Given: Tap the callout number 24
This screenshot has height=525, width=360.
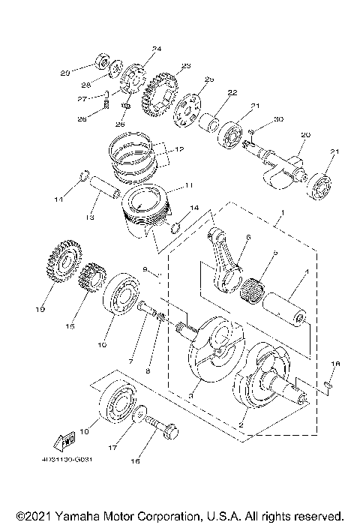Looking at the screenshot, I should [156, 49].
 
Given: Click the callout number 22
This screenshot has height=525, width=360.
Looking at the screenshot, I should [232, 92].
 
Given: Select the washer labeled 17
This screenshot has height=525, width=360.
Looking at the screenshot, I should [139, 413].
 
